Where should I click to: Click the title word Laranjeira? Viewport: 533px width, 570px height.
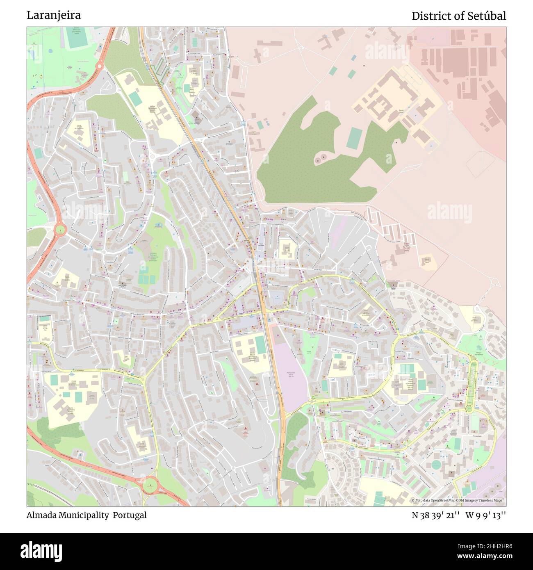click(54, 15)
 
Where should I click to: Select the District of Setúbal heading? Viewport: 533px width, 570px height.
click(458, 16)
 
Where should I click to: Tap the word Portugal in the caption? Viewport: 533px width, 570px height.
click(130, 515)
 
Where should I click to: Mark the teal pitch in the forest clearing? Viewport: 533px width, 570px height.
click(354, 138)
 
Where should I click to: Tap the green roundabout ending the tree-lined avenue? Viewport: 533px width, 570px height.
click(469, 408)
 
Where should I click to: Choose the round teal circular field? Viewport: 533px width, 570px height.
click(437, 465)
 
